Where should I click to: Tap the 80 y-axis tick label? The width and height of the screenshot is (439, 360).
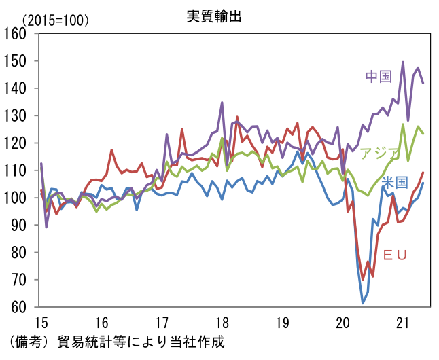point(18,253)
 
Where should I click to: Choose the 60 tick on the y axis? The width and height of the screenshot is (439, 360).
point(18,307)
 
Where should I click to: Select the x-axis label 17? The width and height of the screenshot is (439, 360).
point(161,323)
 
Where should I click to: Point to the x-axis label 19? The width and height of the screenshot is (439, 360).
point(283,323)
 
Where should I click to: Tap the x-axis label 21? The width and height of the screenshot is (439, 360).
point(404,323)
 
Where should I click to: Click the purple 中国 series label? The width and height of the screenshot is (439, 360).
point(379,76)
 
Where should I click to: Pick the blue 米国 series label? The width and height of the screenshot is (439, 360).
point(394,182)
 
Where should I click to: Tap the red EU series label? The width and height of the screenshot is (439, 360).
point(395,255)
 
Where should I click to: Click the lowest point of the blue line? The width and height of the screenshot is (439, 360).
point(363,303)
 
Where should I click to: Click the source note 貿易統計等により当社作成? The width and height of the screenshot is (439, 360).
point(141,340)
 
